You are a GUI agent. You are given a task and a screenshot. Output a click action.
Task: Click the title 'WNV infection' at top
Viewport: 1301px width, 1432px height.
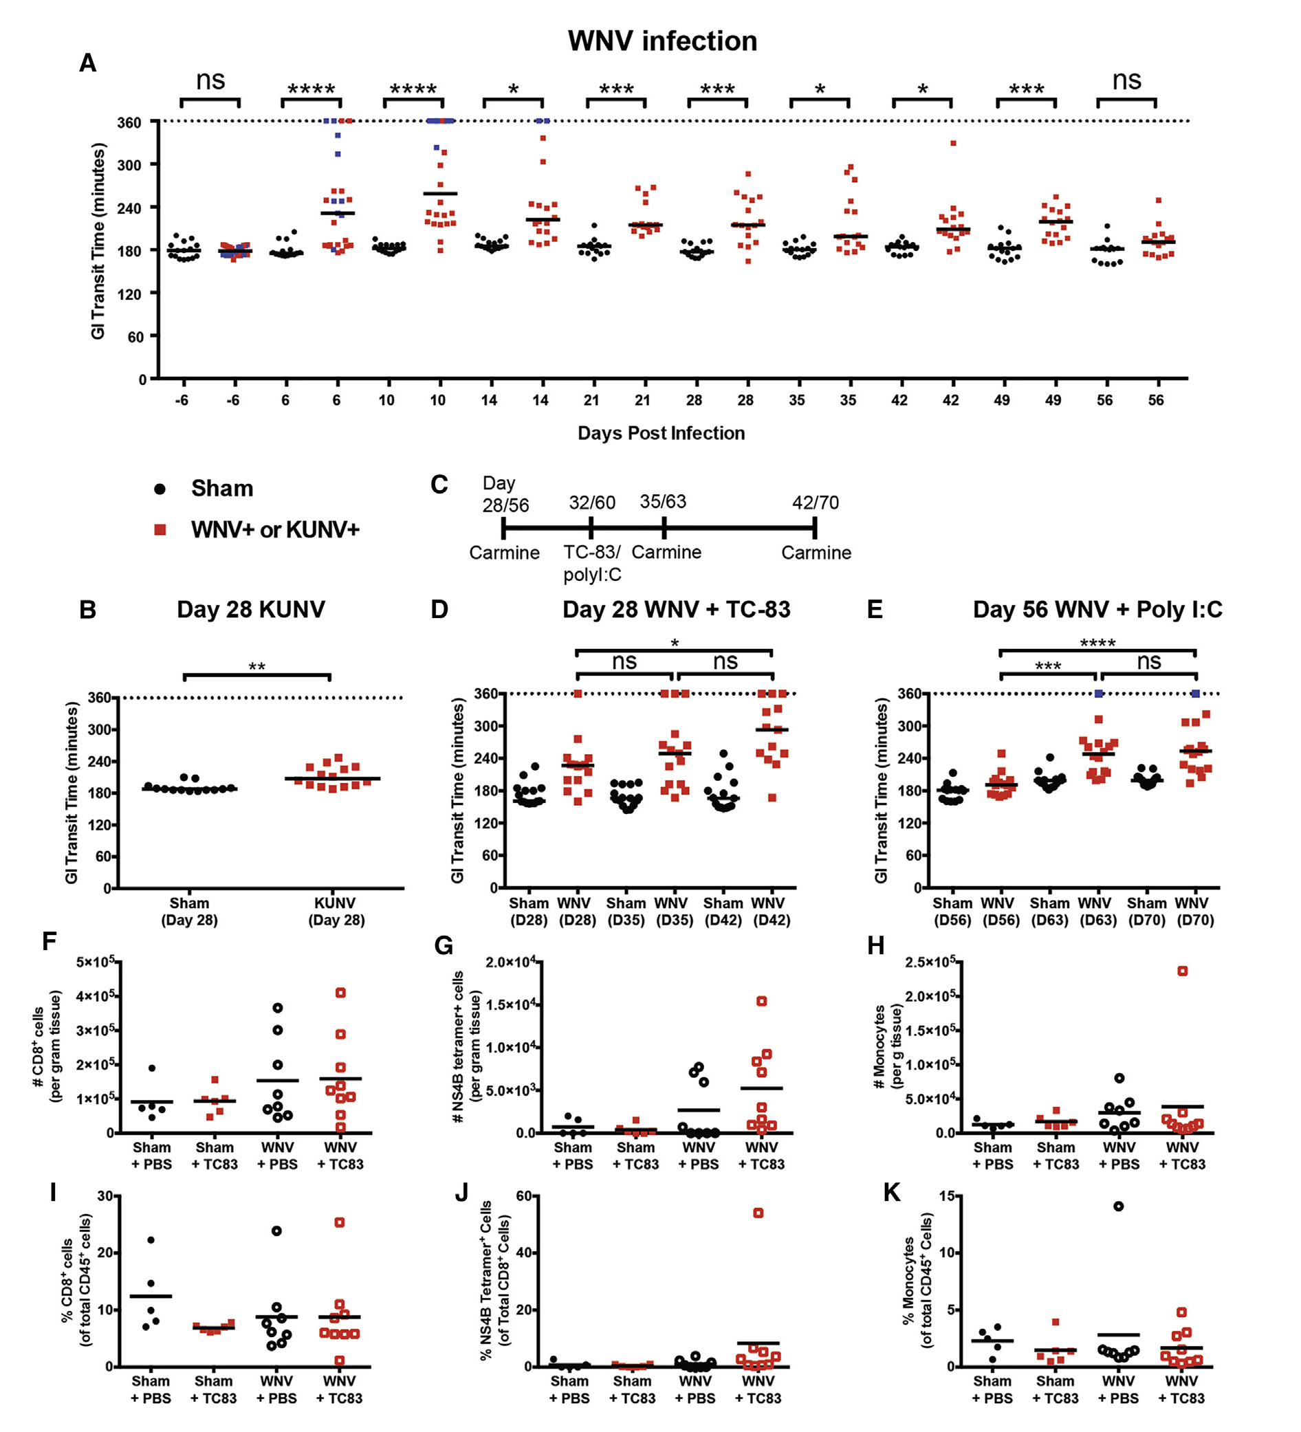[x=662, y=41]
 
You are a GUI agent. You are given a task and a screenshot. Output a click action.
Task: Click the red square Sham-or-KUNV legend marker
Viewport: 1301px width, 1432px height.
[x=161, y=530]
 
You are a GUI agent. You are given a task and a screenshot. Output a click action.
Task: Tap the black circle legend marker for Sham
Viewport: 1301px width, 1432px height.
[x=161, y=489]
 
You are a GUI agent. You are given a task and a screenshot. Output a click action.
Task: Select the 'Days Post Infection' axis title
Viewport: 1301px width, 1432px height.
[x=661, y=433]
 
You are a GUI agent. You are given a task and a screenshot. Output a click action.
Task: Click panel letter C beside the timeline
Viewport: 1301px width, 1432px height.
[x=439, y=485]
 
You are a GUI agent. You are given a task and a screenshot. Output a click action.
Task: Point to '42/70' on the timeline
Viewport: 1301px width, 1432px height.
[x=815, y=503]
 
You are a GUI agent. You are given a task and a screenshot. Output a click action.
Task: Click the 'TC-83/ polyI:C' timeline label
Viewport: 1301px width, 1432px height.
[x=592, y=563]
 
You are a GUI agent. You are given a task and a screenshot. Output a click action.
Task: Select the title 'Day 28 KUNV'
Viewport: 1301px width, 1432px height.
[x=251, y=610]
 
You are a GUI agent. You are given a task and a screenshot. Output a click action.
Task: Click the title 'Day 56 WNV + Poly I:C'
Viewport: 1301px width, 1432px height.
[x=1097, y=610]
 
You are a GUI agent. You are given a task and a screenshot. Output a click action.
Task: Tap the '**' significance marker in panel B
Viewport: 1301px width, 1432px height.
[x=256, y=667]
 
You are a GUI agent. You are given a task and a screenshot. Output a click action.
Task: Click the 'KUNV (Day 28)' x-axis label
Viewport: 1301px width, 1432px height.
[x=336, y=912]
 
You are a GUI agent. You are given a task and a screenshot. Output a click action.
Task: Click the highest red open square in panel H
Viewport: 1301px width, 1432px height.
[x=1182, y=971]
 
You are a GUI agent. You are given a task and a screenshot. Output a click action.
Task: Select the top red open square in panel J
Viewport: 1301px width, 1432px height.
[x=758, y=1213]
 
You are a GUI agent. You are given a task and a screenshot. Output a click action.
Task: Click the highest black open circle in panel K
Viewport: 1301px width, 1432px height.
[x=1118, y=1206]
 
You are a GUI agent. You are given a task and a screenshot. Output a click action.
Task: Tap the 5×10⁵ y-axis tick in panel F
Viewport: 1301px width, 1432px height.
[x=95, y=962]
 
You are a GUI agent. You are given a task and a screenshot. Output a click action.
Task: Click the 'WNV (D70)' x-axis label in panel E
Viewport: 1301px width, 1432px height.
[x=1195, y=912]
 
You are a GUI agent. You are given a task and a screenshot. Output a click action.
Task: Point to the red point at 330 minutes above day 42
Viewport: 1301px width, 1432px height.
[x=953, y=144]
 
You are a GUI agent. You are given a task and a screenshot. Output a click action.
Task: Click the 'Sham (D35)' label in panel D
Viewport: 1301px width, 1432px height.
[x=625, y=912]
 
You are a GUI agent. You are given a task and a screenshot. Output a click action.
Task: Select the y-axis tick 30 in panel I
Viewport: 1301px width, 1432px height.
[x=105, y=1196]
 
